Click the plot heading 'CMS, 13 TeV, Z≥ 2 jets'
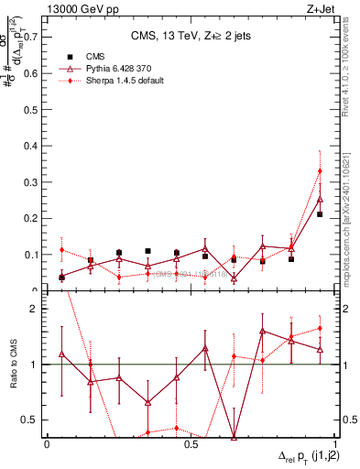coord(191,36)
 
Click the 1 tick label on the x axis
coord(334,443)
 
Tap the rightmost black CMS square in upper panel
coord(320,214)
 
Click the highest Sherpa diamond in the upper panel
coord(320,171)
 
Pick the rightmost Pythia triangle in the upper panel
coord(320,199)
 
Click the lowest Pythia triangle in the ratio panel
coord(234,437)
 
